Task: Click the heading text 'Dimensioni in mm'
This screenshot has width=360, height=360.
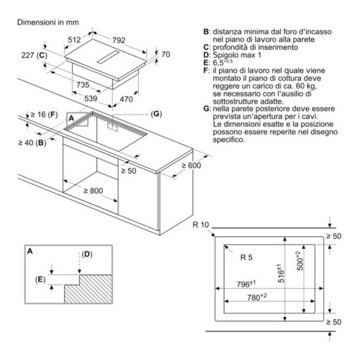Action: pos(48,22)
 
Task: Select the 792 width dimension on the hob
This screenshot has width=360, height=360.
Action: pos(119,40)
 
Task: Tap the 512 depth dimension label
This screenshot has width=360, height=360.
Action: pos(74,40)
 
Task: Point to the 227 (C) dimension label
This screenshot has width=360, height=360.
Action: pos(35,55)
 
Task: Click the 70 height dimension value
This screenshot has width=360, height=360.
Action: pos(166,55)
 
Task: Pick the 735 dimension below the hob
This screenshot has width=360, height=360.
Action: pos(83,84)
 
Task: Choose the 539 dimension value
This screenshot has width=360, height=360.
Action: pos(91,98)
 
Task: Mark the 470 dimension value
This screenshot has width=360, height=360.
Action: pos(126,99)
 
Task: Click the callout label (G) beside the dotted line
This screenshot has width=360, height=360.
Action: pos(156,114)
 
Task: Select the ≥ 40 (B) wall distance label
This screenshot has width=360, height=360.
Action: pos(32,143)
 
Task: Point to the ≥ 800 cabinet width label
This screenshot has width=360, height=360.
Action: pos(93,191)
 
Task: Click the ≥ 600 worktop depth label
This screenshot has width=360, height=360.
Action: pos(192,166)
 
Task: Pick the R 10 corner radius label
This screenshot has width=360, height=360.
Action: pos(201,225)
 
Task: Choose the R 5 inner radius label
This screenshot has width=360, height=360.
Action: pos(246,258)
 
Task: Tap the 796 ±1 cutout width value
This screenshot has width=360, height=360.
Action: pos(246,284)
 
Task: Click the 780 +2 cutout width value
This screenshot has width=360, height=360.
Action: pos(257,297)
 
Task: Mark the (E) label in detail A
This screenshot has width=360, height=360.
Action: pos(40,279)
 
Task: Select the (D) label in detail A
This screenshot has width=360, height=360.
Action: pos(87,254)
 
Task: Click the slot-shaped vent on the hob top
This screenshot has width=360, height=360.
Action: pos(108,57)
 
